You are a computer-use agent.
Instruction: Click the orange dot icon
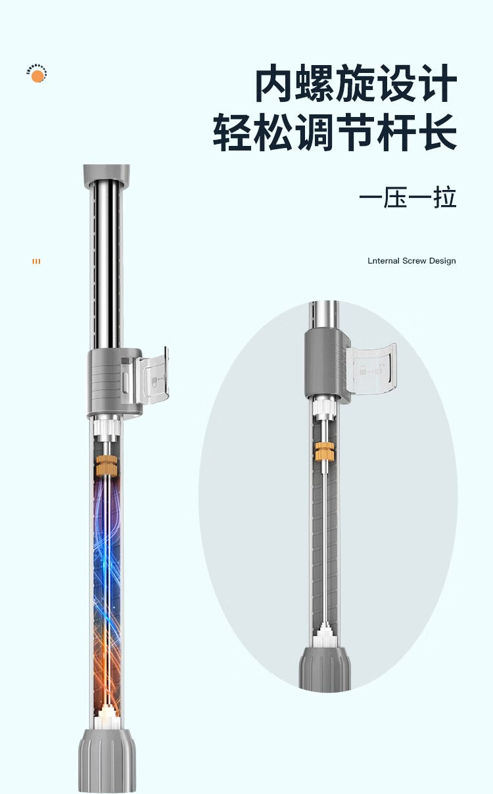[37, 76]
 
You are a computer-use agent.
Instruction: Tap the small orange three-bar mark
[36, 262]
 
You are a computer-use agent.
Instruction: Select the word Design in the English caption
[442, 261]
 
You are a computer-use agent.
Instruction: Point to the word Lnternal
[382, 261]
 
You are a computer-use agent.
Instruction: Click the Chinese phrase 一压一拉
[408, 197]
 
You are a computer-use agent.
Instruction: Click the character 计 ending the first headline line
[436, 84]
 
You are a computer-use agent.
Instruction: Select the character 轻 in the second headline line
[233, 133]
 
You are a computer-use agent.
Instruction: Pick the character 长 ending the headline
[436, 133]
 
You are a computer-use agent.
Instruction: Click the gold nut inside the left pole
[105, 465]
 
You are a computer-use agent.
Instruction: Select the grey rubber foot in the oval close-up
[325, 669]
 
